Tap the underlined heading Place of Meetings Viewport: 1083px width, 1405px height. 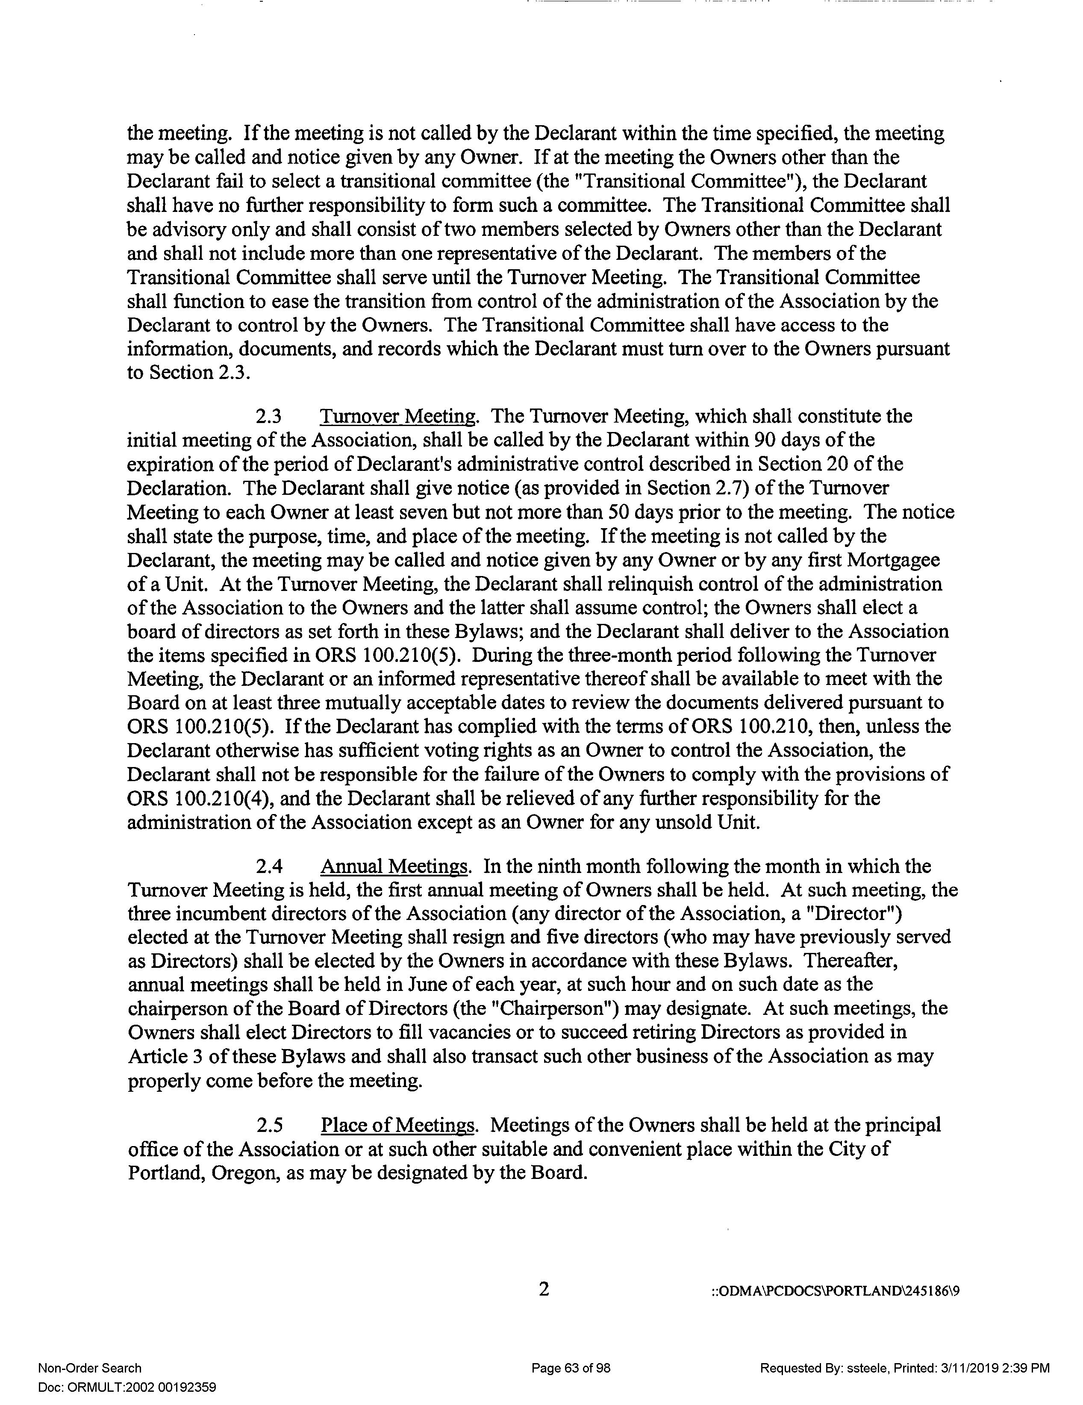[397, 1125]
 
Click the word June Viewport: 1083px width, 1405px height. [425, 984]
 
